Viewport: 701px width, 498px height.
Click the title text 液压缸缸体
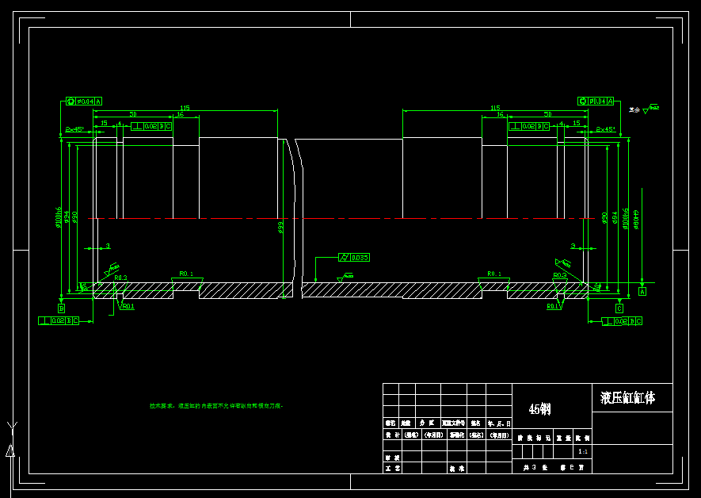coord(627,397)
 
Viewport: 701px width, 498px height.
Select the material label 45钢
coord(539,409)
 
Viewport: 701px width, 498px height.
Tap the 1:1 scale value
coord(583,451)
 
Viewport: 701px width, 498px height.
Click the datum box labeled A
coord(642,292)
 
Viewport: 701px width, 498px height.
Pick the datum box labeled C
coord(619,308)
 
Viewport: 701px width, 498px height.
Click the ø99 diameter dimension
coord(280,228)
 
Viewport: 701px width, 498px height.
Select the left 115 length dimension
coord(185,108)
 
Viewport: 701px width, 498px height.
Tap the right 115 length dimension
coord(495,108)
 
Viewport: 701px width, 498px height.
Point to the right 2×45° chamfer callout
coord(606,128)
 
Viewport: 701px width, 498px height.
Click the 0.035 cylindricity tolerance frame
coord(354,258)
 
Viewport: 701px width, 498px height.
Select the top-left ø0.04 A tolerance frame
coord(84,102)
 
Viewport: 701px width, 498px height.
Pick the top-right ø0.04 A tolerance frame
coord(596,102)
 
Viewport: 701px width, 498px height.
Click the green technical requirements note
coord(216,406)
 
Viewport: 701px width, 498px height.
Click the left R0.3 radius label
coord(120,278)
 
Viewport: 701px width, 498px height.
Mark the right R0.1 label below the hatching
coord(552,305)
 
